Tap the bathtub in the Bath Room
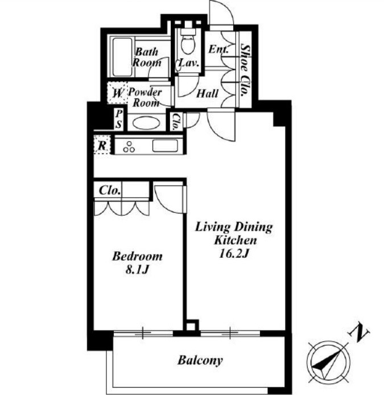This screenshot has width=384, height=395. click(122, 57)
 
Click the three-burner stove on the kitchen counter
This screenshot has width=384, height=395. click(129, 147)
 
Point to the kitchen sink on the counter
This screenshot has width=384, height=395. click(165, 146)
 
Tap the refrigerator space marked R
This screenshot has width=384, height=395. click(102, 145)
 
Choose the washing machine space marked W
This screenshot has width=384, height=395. click(117, 93)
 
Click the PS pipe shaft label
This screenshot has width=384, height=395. click(119, 119)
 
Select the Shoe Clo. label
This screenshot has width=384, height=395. click(245, 70)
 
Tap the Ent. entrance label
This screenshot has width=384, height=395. click(218, 49)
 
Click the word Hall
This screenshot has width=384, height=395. click(207, 94)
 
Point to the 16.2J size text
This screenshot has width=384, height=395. click(234, 254)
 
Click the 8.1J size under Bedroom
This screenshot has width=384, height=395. click(137, 270)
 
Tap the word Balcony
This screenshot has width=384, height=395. click(200, 360)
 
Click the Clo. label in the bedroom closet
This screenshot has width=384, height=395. click(110, 191)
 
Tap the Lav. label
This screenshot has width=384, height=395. click(189, 63)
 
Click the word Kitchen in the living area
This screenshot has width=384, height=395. click(236, 240)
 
